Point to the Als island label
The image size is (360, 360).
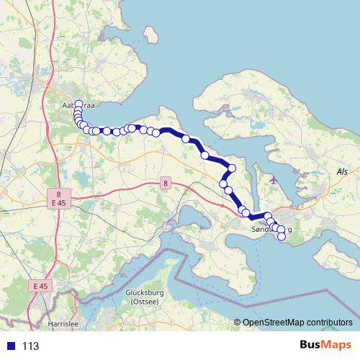342,172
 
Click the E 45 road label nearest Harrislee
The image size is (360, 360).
40,286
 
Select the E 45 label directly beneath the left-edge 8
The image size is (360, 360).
60,204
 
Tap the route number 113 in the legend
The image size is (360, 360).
30,346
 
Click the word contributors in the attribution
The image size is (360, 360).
329,322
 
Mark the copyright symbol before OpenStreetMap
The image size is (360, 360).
238,322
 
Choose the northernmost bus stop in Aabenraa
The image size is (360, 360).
78,103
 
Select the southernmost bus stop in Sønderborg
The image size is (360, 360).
282,235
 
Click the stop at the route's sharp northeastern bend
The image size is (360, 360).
232,168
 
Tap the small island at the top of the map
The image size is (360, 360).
151,35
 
